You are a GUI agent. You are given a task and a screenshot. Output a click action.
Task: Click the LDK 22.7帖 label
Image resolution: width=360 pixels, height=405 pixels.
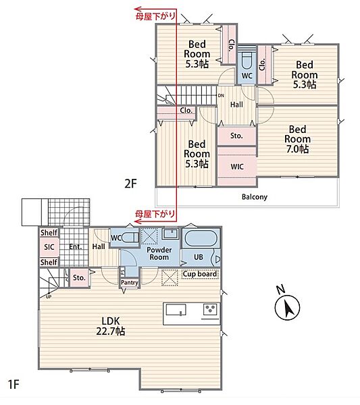(x=111, y=326)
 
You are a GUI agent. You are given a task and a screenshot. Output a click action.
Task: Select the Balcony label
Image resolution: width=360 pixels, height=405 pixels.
(x=255, y=197)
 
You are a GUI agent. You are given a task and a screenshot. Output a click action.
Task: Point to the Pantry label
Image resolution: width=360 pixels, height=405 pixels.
(x=130, y=283)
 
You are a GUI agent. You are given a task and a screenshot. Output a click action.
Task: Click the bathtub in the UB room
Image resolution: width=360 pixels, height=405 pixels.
(x=201, y=238)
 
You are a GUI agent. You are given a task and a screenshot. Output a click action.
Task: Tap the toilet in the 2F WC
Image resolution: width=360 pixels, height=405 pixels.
(x=247, y=61)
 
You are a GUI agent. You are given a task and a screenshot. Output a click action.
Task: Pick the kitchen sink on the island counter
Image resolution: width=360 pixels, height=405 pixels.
(x=176, y=310)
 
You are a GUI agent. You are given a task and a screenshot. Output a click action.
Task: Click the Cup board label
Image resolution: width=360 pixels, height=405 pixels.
(x=200, y=274)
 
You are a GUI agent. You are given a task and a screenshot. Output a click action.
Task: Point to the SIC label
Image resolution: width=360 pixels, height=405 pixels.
(x=49, y=247)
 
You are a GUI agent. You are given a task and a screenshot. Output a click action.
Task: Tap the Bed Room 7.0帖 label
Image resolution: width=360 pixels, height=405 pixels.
(x=297, y=139)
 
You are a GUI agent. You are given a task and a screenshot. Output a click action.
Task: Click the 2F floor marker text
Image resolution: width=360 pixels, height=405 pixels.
(x=130, y=184)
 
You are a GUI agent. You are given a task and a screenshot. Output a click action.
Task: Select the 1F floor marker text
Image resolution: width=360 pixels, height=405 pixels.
(x=14, y=384)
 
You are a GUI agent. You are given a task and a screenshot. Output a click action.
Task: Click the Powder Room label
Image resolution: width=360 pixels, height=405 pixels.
(x=159, y=253)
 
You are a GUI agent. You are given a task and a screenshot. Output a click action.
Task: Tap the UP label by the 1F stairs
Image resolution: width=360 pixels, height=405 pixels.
(x=49, y=297)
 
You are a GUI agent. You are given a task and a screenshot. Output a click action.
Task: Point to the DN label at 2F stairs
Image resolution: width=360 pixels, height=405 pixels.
(x=221, y=96)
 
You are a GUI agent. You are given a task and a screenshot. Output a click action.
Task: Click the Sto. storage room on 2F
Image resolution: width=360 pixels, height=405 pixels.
(x=236, y=136)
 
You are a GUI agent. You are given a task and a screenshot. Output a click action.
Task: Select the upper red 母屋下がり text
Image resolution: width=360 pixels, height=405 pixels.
(x=155, y=16)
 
